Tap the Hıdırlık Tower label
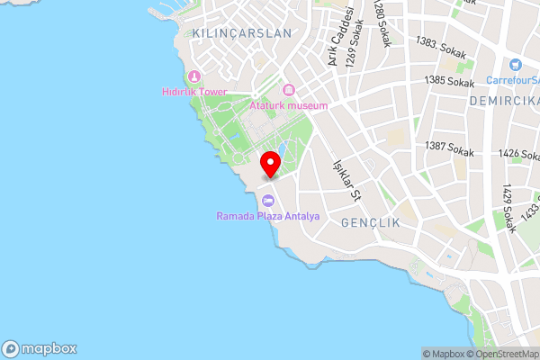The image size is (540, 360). pyautogui.click(x=194, y=92)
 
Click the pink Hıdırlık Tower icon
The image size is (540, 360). pyautogui.click(x=194, y=76)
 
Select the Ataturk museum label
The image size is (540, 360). pyautogui.click(x=288, y=105)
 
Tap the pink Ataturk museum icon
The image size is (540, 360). pyautogui.click(x=288, y=90)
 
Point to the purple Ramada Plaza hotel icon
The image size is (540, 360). pyautogui.click(x=266, y=200)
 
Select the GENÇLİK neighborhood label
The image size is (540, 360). pyautogui.click(x=371, y=220)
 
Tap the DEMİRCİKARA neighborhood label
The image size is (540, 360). pyautogui.click(x=504, y=102)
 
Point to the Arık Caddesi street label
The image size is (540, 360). pyautogui.click(x=338, y=36)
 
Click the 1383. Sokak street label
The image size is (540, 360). pyautogui.click(x=440, y=48)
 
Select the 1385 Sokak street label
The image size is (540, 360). pyautogui.click(x=449, y=81)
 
